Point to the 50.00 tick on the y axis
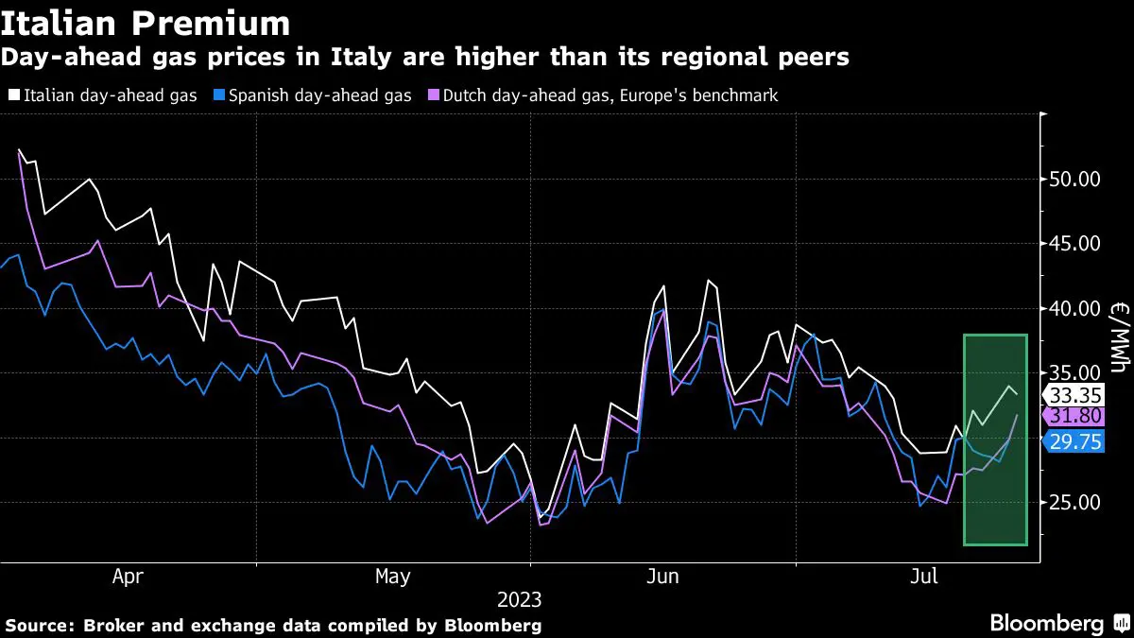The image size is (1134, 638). tap(1075, 179)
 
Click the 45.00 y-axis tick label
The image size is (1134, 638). tap(1075, 244)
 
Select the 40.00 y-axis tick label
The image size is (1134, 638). tap(1075, 309)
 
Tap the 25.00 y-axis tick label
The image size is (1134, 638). tap(1075, 504)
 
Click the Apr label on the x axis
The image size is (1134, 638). tap(129, 576)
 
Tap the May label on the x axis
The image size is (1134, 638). tap(393, 576)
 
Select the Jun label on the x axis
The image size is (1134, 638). tap(661, 576)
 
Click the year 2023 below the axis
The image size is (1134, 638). tap(521, 599)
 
